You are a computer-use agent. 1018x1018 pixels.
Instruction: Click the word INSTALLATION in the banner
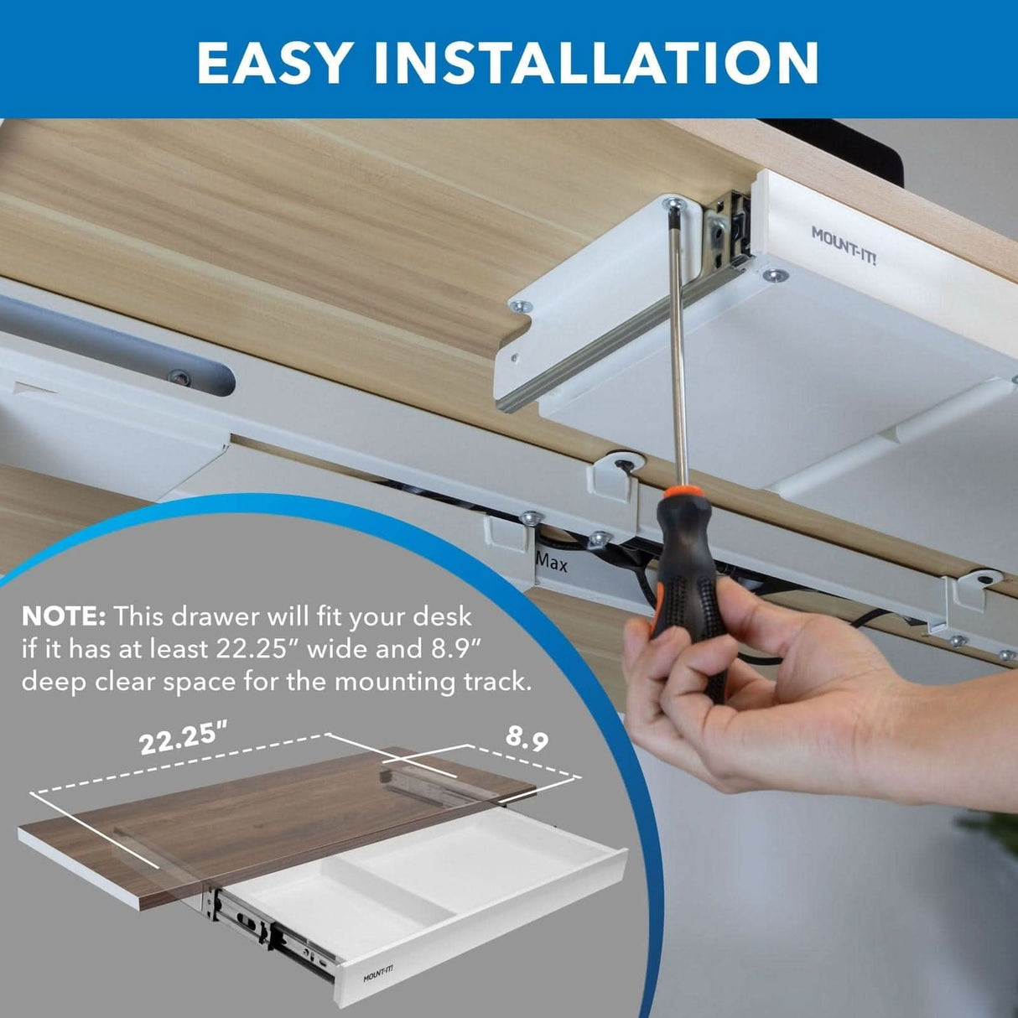[x=596, y=63]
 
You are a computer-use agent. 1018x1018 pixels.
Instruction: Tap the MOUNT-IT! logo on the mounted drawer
[x=843, y=245]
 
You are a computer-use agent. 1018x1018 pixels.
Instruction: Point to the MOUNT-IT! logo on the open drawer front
[x=377, y=974]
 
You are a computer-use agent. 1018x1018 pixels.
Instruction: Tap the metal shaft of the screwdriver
[x=680, y=352]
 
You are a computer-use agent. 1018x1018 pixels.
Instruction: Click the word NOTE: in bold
[x=63, y=617]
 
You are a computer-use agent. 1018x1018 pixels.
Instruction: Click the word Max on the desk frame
[x=552, y=563]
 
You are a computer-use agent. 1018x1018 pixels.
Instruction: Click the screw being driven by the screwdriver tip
[x=671, y=204]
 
